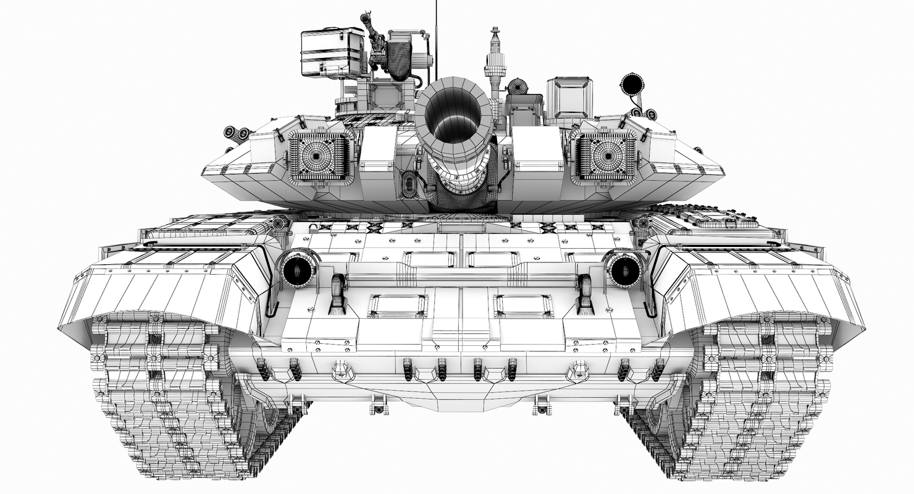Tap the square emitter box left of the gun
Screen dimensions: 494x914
pyautogui.click(x=321, y=157)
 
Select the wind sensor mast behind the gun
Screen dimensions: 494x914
pyautogui.click(x=495, y=62)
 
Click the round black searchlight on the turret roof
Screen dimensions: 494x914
pyautogui.click(x=632, y=84)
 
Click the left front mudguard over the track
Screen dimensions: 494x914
pyautogui.click(x=161, y=290)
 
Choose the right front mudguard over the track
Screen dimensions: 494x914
pyautogui.click(x=760, y=290)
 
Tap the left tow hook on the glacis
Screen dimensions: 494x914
pyautogui.click(x=337, y=293)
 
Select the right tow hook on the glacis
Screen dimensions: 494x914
pyautogui.click(x=584, y=293)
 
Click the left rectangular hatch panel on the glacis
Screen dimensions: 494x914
pyautogui.click(x=398, y=306)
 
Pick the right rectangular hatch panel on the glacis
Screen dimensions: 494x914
pyautogui.click(x=523, y=306)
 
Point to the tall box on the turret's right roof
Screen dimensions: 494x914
pyautogui.click(x=569, y=99)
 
